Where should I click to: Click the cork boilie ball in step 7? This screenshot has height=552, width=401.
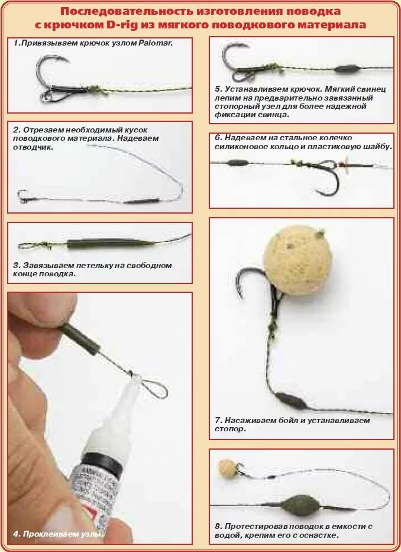(x=297, y=255)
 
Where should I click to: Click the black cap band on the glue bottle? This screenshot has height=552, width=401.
(x=101, y=464)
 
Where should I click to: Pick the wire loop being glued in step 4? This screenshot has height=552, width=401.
(x=152, y=387)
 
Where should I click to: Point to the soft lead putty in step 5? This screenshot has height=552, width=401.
(x=347, y=69)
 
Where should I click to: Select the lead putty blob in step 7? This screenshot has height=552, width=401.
(x=292, y=401)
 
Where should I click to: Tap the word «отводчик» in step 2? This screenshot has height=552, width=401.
(x=33, y=147)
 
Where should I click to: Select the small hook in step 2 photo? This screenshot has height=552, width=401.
(x=22, y=195)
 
